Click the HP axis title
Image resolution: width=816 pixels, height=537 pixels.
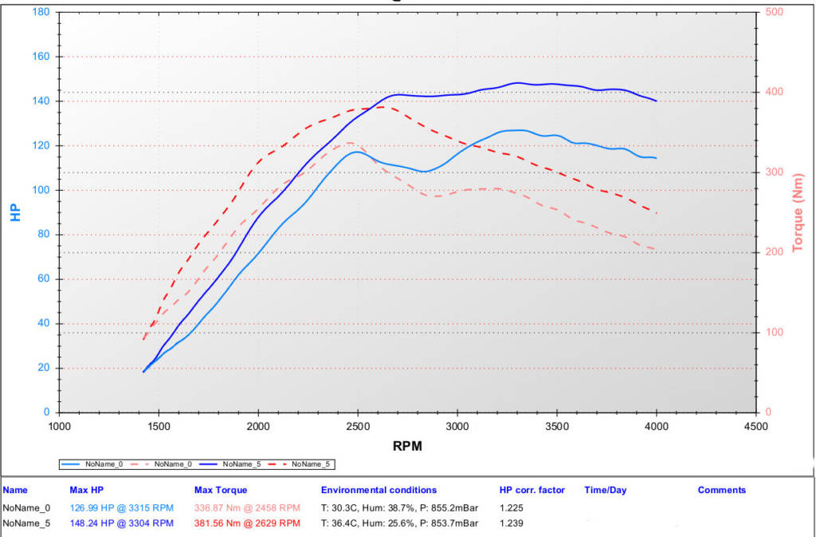[15, 213]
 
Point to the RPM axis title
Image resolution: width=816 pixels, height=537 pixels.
[407, 446]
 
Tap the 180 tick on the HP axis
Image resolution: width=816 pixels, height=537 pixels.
[41, 13]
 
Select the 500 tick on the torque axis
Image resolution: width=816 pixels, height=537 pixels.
[773, 13]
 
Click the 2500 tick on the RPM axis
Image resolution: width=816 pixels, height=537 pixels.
[358, 426]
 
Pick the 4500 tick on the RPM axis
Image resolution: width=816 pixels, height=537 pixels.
[755, 426]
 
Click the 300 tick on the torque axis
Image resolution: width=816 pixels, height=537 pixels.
[773, 172]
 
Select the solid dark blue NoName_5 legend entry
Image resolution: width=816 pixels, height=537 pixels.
[230, 464]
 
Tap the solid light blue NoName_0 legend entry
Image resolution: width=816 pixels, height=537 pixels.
[92, 464]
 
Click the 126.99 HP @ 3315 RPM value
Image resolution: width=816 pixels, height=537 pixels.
[121, 507]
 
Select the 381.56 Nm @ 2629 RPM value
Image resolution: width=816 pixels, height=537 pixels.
[247, 523]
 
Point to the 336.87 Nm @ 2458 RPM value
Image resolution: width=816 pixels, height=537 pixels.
[247, 507]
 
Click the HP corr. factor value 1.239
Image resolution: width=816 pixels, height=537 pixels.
[511, 523]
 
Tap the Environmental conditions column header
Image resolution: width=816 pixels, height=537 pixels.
[379, 490]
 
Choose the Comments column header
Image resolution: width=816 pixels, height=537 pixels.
[721, 490]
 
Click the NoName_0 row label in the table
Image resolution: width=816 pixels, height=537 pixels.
[26, 507]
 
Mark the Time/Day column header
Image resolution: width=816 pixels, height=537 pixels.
[607, 490]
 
